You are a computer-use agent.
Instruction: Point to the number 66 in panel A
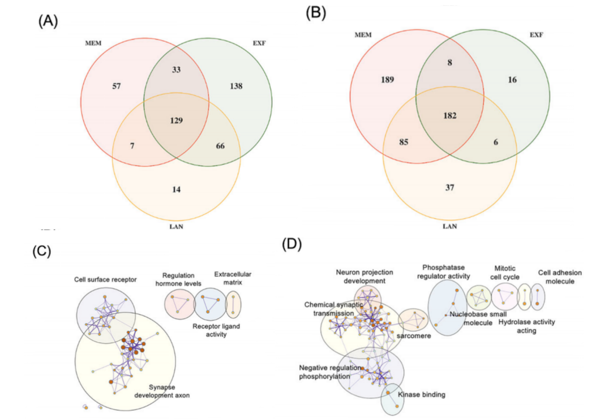tap(220, 146)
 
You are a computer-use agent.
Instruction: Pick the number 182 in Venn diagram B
tap(450, 116)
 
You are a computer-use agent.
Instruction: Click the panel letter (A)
tap(48, 21)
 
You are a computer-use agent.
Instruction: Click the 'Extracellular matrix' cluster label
tap(232, 279)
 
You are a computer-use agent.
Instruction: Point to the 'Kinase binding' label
tap(421, 395)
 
